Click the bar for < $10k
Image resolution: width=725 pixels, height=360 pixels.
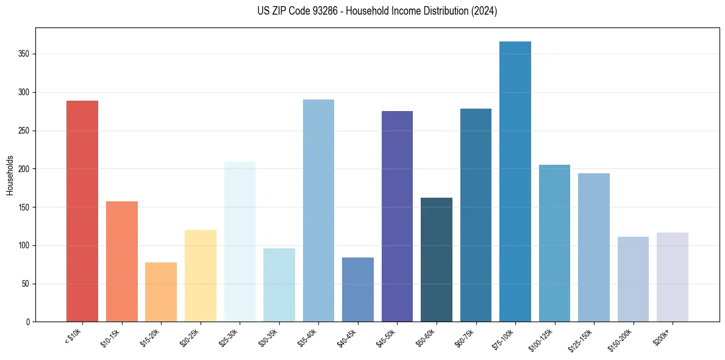tap(82, 211)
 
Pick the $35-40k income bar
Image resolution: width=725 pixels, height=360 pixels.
tap(318, 211)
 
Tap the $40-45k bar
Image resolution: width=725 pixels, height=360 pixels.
tap(358, 289)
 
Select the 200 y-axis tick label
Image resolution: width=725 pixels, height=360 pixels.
tap(25, 169)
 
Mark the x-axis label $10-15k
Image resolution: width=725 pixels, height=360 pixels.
tap(110, 338)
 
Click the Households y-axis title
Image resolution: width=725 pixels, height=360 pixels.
tap(10, 175)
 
